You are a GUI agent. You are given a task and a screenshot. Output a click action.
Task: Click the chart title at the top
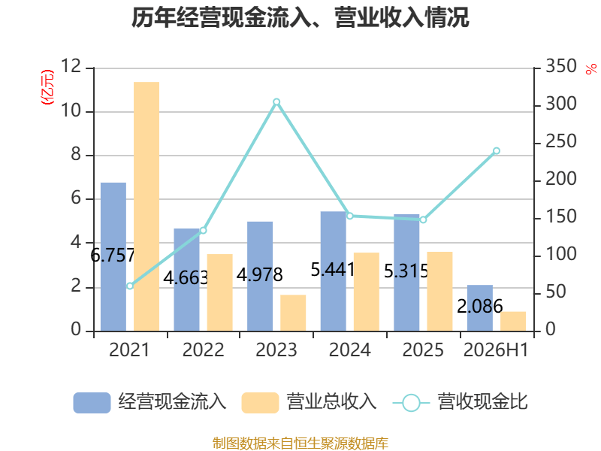point(300,17)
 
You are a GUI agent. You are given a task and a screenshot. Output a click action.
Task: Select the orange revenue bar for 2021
point(146,206)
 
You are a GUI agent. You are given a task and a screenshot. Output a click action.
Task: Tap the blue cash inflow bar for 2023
point(260,276)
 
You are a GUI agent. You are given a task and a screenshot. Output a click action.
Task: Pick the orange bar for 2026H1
point(513,322)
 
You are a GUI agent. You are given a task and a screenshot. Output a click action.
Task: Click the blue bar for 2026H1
point(480,308)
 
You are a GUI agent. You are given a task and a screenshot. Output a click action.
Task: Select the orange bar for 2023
point(293,313)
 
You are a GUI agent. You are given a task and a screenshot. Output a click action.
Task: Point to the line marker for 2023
point(276,102)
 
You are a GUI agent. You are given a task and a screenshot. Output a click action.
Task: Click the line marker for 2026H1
point(497,151)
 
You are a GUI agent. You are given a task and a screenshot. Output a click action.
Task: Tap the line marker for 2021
point(130,286)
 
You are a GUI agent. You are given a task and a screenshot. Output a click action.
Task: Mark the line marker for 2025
point(423,219)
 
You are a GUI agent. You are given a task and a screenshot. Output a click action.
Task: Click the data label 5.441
point(333,270)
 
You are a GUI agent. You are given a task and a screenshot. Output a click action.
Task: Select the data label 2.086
point(480,307)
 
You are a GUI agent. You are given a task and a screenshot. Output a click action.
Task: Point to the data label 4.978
point(260,274)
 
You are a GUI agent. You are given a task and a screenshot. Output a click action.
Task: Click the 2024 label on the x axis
point(350,350)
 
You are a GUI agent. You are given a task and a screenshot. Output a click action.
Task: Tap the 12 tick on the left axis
point(71,66)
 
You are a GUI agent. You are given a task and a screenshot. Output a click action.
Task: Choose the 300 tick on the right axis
point(561,104)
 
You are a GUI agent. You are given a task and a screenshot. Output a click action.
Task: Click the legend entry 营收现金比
point(461,402)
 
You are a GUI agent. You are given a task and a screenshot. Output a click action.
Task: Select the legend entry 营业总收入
point(309,402)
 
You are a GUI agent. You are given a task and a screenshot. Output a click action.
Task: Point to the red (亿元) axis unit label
point(47,87)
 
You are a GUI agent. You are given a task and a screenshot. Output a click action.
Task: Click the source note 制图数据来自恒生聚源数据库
point(300,443)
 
